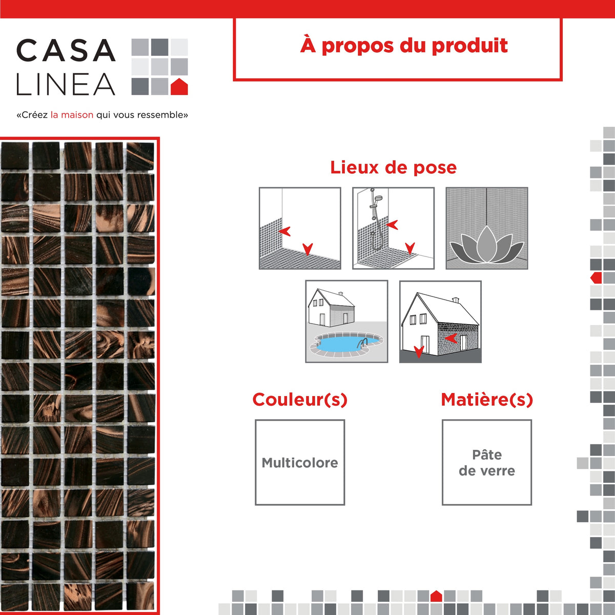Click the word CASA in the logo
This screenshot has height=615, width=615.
(66, 50)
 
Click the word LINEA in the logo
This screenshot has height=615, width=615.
(66, 84)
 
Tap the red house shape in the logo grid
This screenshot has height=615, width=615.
(179, 87)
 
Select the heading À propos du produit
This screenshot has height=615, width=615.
(404, 46)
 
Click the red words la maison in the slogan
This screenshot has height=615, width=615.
(72, 115)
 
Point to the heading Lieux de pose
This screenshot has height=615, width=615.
(393, 168)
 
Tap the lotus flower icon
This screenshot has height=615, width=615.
(486, 245)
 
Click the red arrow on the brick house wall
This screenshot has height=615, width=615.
(452, 339)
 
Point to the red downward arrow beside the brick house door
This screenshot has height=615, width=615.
(419, 352)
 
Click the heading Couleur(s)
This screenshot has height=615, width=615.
(300, 400)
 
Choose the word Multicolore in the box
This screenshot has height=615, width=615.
(300, 463)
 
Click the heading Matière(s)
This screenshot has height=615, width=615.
(487, 400)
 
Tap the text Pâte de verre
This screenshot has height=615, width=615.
(487, 463)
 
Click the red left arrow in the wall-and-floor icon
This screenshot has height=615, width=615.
(284, 231)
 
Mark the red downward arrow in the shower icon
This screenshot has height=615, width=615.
(410, 248)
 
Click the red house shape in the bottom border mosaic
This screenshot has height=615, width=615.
(436, 596)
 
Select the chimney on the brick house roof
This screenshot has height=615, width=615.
(456, 300)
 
